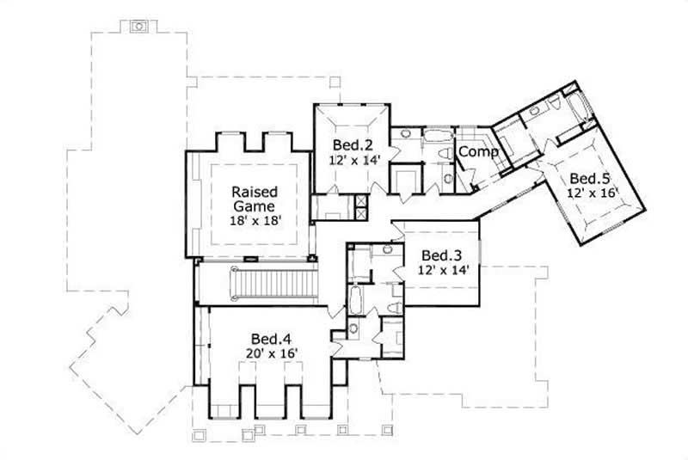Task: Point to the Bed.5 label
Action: point(591,178)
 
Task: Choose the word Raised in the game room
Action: point(254,191)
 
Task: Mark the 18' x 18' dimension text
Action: point(254,221)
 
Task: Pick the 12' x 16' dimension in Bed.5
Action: point(591,193)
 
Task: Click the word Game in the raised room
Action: point(254,205)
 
